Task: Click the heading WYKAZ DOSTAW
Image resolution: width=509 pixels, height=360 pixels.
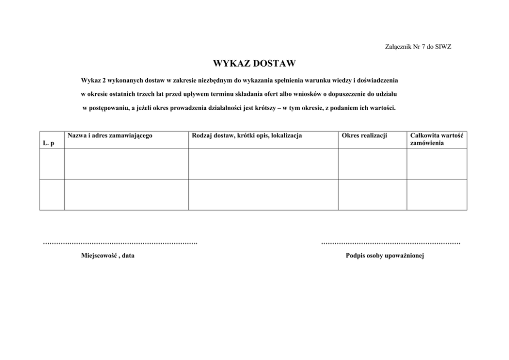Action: point(254,64)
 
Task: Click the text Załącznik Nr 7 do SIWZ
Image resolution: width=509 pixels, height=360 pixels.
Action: point(418,47)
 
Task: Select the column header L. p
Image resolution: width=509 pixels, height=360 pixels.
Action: point(49,143)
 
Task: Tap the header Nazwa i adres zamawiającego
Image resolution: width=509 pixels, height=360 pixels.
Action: point(110,135)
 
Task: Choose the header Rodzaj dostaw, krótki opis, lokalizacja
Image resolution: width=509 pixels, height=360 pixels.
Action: point(246,135)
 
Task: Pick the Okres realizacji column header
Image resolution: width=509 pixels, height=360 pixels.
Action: point(364,135)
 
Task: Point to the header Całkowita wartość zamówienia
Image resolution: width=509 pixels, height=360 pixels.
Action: point(437,139)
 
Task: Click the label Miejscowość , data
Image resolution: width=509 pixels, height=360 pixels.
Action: point(108,255)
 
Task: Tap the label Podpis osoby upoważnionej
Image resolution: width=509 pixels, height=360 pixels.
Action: point(385,255)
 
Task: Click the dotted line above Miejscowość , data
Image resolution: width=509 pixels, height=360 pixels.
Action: point(121,243)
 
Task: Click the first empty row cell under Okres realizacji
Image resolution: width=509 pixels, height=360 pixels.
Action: point(373,164)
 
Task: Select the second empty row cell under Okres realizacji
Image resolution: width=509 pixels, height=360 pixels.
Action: point(373,194)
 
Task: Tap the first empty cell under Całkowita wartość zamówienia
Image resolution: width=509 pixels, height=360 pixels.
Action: point(437,164)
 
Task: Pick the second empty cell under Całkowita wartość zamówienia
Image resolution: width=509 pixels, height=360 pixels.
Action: point(437,194)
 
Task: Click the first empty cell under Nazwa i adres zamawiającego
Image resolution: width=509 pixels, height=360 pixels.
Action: point(126,164)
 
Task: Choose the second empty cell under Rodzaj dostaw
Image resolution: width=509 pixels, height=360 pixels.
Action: point(263,194)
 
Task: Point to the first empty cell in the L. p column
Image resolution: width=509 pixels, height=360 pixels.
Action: point(52,164)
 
